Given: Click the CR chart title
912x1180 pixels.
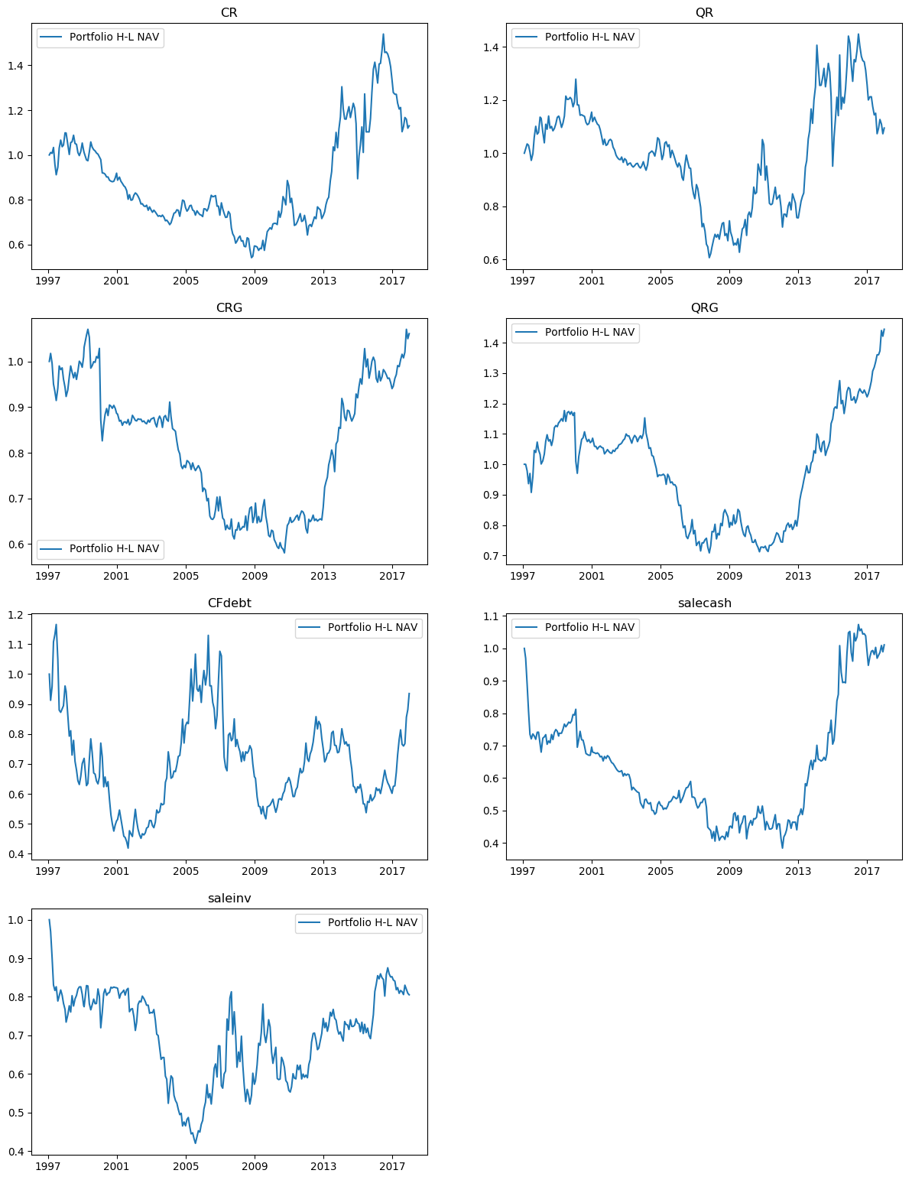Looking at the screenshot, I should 229,13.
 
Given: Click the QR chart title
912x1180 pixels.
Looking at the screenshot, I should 704,13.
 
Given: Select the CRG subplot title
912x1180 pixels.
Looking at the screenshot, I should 229,308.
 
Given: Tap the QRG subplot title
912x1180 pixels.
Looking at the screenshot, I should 704,308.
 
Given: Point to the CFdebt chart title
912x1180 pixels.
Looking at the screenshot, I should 229,603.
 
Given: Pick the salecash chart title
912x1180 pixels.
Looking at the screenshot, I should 704,603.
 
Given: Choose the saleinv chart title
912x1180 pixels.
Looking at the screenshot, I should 229,899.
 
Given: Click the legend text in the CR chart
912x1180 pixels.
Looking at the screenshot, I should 114,37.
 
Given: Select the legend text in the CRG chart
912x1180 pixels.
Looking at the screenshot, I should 114,548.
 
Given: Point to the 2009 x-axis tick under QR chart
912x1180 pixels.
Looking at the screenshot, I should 729,281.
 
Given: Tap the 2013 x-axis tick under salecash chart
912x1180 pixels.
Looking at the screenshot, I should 798,871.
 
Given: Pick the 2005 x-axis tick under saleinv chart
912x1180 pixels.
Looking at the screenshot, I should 186,1166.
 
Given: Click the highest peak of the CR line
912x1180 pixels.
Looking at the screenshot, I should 383,34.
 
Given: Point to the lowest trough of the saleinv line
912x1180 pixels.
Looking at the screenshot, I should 195,1143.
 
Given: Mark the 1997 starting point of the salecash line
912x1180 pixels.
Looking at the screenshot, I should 524,649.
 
